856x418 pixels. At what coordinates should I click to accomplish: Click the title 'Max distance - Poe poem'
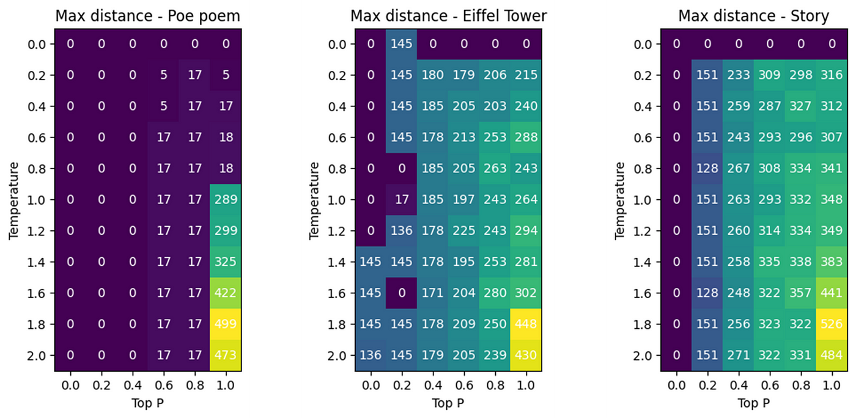click(x=148, y=16)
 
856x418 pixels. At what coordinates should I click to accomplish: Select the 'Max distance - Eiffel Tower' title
click(x=448, y=16)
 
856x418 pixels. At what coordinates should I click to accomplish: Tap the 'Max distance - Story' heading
click(x=753, y=16)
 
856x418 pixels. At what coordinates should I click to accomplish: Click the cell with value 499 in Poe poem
click(x=226, y=324)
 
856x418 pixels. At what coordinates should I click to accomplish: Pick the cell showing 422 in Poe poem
click(x=226, y=293)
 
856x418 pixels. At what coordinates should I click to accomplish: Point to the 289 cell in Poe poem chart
click(x=226, y=200)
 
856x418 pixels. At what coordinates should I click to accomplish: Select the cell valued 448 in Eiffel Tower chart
click(x=526, y=324)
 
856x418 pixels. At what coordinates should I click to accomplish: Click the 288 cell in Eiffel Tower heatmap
click(x=526, y=137)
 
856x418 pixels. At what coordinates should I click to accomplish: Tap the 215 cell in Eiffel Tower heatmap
click(x=526, y=75)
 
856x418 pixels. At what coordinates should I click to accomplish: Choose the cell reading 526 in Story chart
click(x=831, y=324)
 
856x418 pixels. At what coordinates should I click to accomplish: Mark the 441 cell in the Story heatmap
click(x=831, y=293)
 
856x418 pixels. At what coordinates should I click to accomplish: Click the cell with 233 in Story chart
click(x=738, y=75)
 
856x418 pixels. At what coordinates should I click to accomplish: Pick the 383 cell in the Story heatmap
click(x=831, y=262)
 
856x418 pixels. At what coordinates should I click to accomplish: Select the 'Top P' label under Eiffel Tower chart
click(x=448, y=403)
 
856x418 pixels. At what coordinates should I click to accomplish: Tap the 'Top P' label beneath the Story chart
click(x=753, y=403)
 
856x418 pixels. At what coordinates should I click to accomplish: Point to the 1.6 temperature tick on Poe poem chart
click(x=38, y=293)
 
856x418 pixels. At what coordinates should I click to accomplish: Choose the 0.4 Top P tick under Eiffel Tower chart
click(x=433, y=386)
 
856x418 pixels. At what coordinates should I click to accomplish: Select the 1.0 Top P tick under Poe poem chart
click(x=226, y=386)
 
